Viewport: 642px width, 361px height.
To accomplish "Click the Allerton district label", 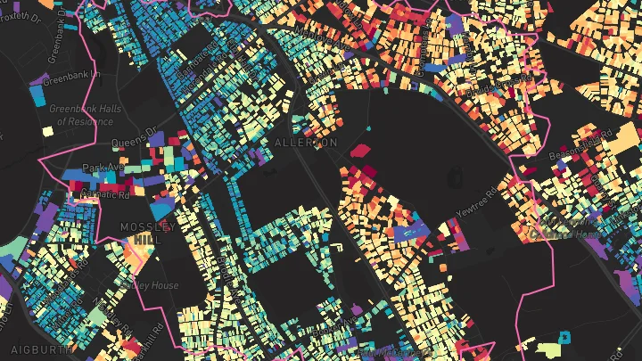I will [306, 143].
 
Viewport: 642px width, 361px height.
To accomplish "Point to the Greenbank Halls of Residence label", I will [81, 115].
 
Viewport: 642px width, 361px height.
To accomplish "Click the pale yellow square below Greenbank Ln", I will [46, 131].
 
